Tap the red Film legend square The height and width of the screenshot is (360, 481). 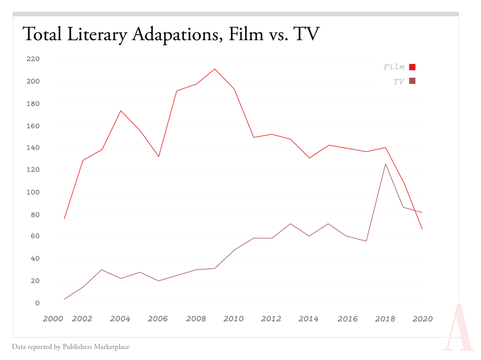413,67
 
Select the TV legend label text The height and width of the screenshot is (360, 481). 399,82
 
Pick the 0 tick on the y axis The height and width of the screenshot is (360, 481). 37,303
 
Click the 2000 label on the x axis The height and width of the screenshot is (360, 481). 52,319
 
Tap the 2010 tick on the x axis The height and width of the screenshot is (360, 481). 233,319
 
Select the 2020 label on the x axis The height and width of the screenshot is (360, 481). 423,319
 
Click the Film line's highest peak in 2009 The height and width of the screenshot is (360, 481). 214,69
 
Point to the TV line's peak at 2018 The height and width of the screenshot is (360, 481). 385,164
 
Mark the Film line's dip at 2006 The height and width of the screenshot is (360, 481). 158,157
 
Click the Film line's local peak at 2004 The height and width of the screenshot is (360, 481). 121,110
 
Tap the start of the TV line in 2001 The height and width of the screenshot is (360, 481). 65,299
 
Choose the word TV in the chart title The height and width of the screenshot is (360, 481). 306,35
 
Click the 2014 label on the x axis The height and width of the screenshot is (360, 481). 309,319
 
